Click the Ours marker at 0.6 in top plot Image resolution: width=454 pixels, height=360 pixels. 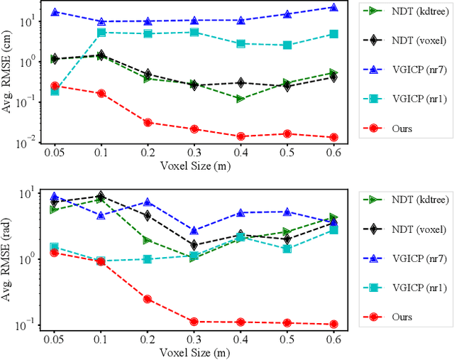(x=333, y=137)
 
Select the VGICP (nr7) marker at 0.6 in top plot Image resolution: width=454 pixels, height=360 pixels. (x=333, y=8)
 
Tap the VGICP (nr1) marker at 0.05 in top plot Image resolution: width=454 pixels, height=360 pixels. (x=55, y=91)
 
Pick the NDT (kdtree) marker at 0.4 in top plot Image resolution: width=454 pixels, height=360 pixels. (x=240, y=99)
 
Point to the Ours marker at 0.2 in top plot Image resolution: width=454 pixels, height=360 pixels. (x=148, y=122)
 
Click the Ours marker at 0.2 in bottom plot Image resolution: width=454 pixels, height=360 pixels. (x=148, y=299)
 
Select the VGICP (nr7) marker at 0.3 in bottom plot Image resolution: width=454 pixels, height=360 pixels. (x=194, y=231)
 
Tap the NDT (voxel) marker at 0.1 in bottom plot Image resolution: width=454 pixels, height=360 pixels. (x=101, y=196)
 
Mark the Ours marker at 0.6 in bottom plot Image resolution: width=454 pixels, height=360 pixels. (x=333, y=324)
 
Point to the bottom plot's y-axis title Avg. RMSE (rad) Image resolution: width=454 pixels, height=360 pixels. (x=9, y=259)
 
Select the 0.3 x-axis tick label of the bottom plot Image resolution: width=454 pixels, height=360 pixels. (x=194, y=339)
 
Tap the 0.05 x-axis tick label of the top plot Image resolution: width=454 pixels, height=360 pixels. (x=55, y=153)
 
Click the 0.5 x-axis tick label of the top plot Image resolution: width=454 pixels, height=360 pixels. (x=287, y=153)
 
